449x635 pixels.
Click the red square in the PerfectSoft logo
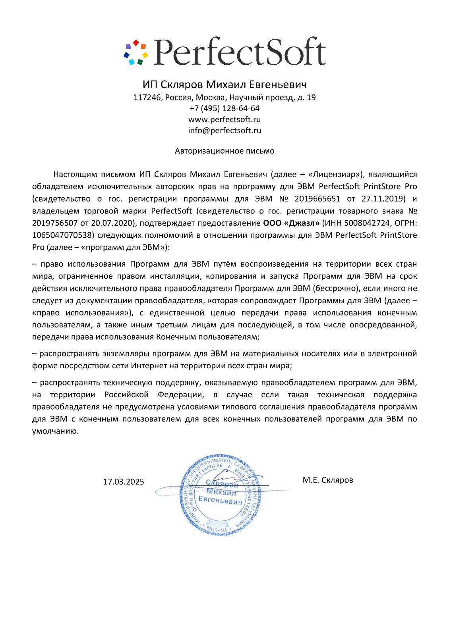pos(135,42)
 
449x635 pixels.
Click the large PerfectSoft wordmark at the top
pos(240,52)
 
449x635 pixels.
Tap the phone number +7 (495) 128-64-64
pos(224,108)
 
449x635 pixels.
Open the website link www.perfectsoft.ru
pos(224,119)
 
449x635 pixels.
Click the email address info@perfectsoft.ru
pos(224,131)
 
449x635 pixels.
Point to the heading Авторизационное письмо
pos(224,151)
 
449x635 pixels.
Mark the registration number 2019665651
pos(317,199)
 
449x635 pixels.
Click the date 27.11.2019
pos(383,199)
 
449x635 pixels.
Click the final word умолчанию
pos(55,431)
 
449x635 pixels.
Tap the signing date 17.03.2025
pos(124,482)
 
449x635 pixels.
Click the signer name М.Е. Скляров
pos(328,480)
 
